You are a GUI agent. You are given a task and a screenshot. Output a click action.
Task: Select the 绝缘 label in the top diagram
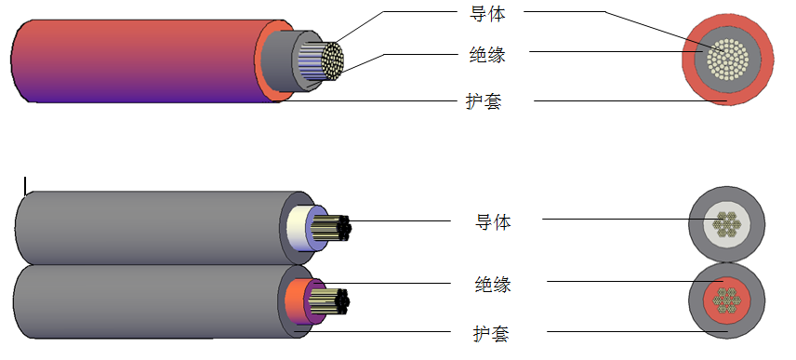(x=487, y=54)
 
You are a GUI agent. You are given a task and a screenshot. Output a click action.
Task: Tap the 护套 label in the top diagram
(x=484, y=101)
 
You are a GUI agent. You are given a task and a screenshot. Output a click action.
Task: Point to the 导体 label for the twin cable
(x=494, y=221)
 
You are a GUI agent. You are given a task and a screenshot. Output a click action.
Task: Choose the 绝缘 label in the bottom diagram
(x=492, y=283)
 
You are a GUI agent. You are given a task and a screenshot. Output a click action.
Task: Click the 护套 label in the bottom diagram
(x=490, y=332)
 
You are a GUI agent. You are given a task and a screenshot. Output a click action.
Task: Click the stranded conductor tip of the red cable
(x=332, y=59)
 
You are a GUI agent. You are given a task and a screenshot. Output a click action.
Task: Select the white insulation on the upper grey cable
(x=298, y=228)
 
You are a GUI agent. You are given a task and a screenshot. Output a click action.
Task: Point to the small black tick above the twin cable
(x=25, y=182)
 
